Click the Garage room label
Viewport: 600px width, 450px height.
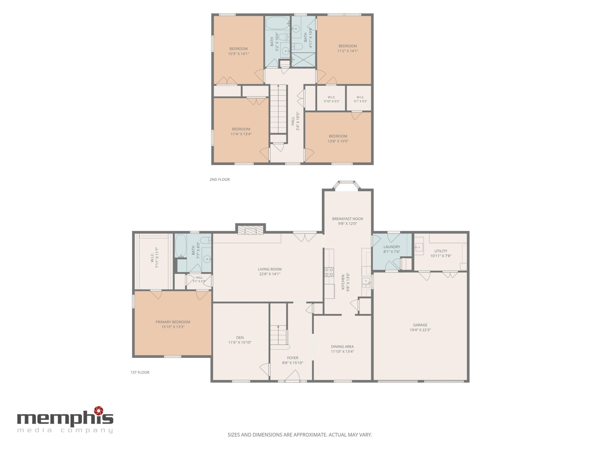pyautogui.click(x=420, y=325)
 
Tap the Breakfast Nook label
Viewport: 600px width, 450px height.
pyautogui.click(x=347, y=219)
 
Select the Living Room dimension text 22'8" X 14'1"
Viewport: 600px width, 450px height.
pyautogui.click(x=270, y=274)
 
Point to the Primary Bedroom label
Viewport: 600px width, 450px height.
pyautogui.click(x=173, y=322)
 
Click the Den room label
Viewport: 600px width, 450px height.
pyautogui.click(x=240, y=337)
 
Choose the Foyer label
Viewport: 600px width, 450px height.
pyautogui.click(x=293, y=358)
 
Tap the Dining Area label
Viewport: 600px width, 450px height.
pyautogui.click(x=342, y=347)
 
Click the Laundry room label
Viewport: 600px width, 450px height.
pyautogui.click(x=392, y=247)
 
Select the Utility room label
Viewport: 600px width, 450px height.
pyautogui.click(x=441, y=251)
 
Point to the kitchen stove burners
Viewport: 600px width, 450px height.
pyautogui.click(x=329, y=272)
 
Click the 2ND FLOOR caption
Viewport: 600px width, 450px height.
pyautogui.click(x=220, y=179)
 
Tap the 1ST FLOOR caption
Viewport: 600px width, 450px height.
pyautogui.click(x=140, y=372)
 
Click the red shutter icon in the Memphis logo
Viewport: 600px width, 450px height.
pyautogui.click(x=99, y=410)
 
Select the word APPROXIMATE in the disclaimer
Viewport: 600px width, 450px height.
pyautogui.click(x=308, y=435)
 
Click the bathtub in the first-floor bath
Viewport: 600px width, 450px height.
pyautogui.click(x=181, y=246)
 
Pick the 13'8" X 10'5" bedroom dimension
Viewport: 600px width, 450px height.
pyautogui.click(x=338, y=141)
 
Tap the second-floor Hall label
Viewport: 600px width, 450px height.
pyautogui.click(x=293, y=121)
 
